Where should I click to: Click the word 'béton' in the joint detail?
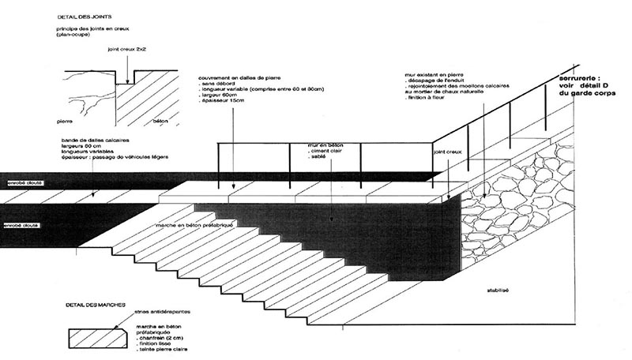159,122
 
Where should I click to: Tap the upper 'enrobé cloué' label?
23,182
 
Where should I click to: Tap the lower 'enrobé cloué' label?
23,225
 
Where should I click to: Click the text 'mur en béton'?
327,146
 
